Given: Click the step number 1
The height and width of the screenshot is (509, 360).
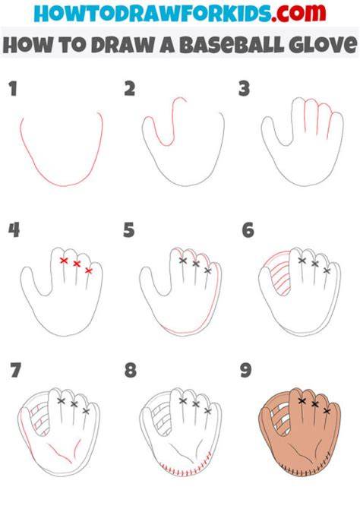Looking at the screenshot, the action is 13,89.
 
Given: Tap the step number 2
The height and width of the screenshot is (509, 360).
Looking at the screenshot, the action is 130,89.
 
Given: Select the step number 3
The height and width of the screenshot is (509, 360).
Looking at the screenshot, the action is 244,89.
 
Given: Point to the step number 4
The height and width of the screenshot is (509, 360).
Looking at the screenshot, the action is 14,230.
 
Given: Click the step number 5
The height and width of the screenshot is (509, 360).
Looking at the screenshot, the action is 129,230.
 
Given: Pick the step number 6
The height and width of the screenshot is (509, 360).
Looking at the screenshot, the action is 248,230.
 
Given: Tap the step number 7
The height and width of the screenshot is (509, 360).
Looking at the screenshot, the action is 15,370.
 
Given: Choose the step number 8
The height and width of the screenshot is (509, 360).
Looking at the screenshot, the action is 131,370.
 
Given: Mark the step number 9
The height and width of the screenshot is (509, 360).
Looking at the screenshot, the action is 246,370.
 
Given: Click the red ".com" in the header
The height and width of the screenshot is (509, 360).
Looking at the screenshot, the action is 298,13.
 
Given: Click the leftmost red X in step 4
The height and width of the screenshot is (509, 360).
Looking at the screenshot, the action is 64,261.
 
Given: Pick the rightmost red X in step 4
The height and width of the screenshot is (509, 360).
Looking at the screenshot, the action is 89,270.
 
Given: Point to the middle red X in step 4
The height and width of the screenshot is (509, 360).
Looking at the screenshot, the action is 77,264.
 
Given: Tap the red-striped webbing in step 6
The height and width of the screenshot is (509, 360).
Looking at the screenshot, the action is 281,276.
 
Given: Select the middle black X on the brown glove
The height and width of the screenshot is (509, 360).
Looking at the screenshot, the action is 314,404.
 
